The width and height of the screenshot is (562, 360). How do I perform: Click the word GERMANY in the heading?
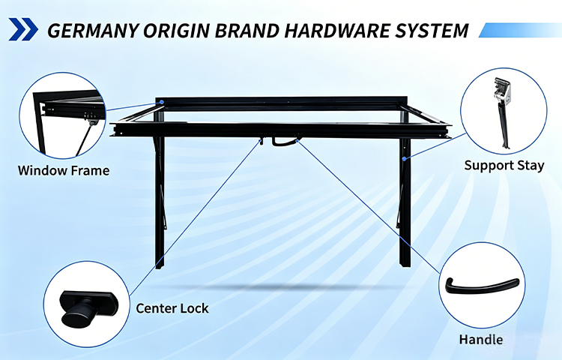click(92, 31)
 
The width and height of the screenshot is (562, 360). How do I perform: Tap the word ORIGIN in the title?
click(176, 31)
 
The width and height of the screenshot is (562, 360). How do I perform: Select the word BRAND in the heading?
click(247, 31)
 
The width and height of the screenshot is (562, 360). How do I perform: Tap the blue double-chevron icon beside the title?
click(23, 29)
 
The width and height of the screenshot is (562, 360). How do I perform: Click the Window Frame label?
click(64, 170)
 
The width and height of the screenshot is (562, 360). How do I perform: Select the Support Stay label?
click(504, 165)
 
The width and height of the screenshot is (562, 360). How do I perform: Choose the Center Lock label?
click(172, 308)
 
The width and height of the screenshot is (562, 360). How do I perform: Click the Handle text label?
click(481, 340)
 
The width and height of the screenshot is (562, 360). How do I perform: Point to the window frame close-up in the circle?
click(63, 115)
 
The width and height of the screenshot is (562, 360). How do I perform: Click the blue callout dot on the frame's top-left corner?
click(162, 102)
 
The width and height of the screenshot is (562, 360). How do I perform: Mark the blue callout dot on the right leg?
click(404, 158)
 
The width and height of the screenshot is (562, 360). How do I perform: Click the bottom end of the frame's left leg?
click(160, 266)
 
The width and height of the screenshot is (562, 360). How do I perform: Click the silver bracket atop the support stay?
click(502, 91)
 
